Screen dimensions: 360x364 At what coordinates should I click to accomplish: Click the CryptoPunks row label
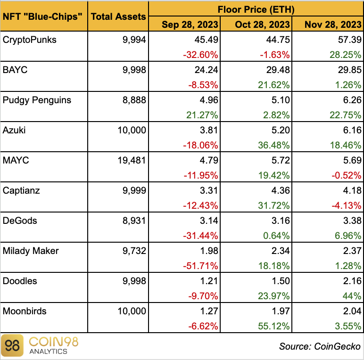tap(29, 40)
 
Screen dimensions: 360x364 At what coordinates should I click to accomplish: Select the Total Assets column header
tap(118, 16)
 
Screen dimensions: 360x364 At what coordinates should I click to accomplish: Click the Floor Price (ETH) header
tap(256, 8)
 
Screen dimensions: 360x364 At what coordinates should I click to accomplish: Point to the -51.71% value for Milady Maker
tap(200, 266)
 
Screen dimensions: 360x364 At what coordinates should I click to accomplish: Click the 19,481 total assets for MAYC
tap(132, 160)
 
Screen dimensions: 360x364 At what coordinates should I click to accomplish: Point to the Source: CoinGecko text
tap(319, 346)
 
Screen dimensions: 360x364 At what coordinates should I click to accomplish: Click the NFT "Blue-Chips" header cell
tap(43, 16)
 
